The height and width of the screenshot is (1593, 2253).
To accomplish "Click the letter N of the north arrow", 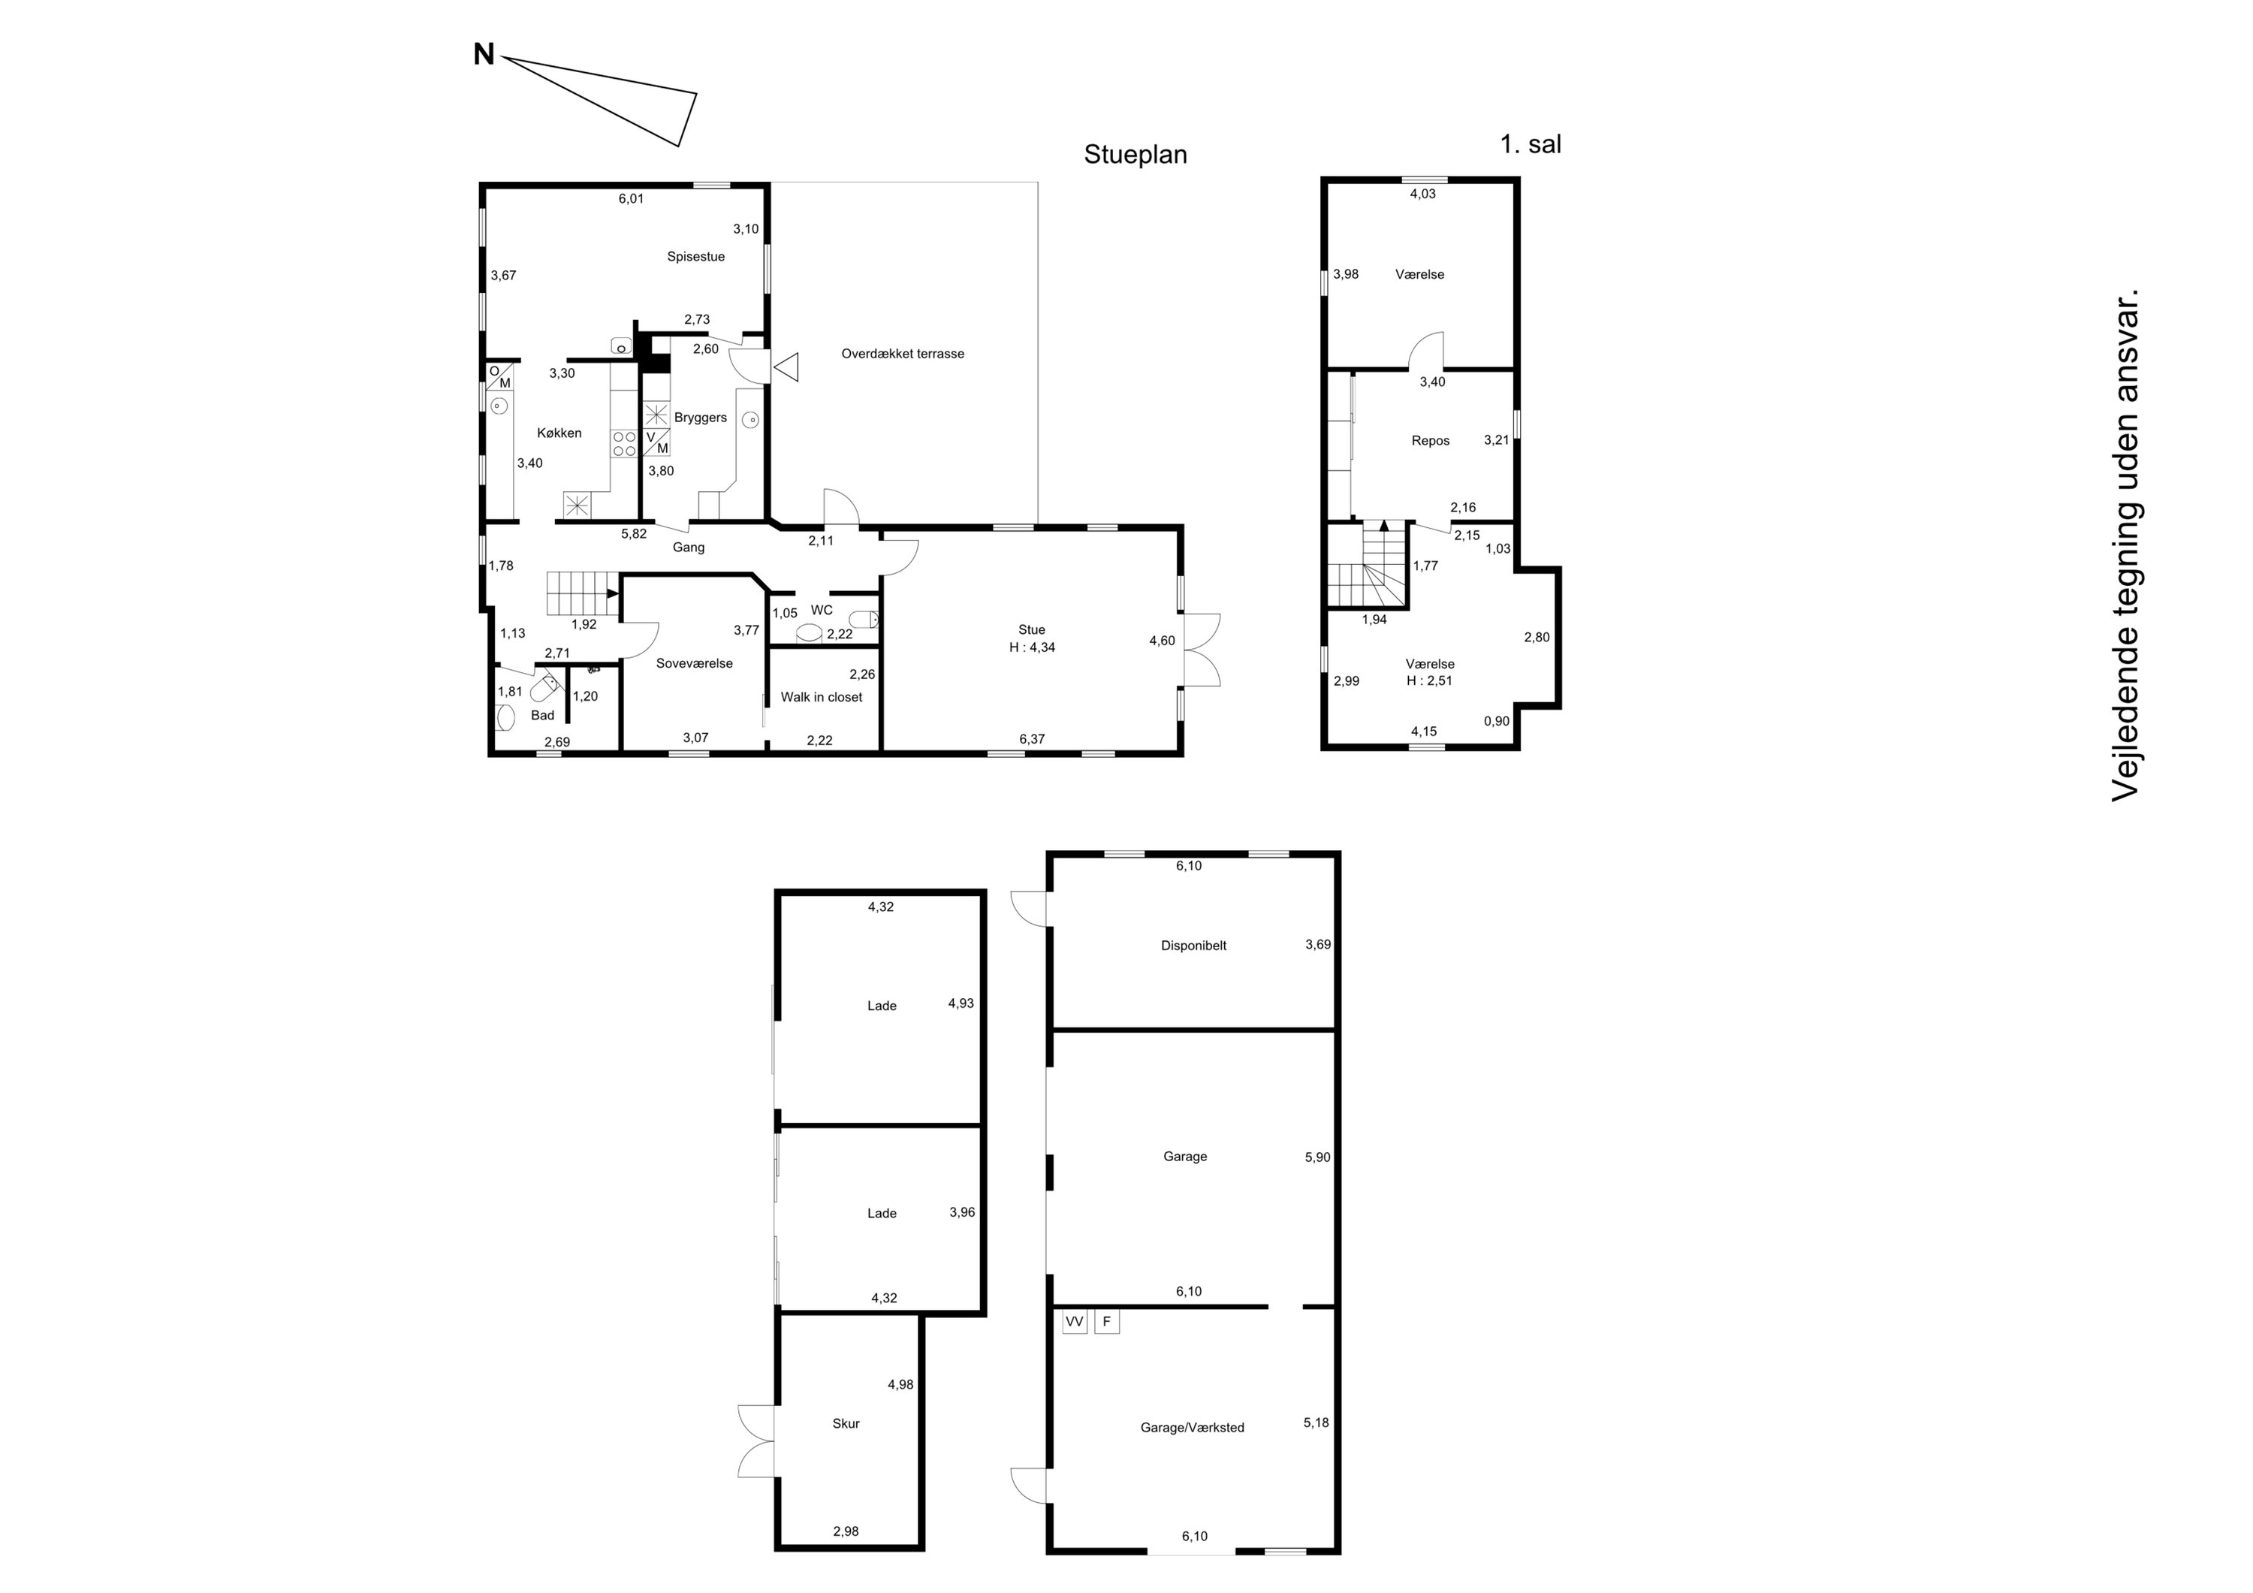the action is [484, 55].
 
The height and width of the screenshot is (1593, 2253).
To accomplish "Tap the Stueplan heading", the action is [1136, 155].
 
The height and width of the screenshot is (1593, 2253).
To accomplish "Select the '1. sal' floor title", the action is [1531, 144].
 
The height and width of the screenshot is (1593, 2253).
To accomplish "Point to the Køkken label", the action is [559, 433].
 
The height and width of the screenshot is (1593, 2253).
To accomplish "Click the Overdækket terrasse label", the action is [903, 353].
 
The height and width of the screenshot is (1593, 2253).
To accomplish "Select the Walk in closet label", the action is [822, 697].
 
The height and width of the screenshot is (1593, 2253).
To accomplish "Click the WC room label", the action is [822, 611].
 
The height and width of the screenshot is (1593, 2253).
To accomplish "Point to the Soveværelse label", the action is [695, 663].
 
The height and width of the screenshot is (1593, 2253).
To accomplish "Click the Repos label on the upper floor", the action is [1431, 441].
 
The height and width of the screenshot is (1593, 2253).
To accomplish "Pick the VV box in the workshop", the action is [1075, 1322].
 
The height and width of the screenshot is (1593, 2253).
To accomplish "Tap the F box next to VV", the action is [1107, 1322].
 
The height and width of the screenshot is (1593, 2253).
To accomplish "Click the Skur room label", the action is [846, 1423].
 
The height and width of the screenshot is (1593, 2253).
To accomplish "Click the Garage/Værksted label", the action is [1193, 1428].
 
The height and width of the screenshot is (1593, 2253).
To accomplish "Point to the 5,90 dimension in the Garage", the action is [1318, 1157].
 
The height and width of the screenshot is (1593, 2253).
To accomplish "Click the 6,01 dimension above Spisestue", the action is [631, 198].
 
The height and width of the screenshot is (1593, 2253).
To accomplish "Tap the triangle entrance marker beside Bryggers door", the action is [786, 367].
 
